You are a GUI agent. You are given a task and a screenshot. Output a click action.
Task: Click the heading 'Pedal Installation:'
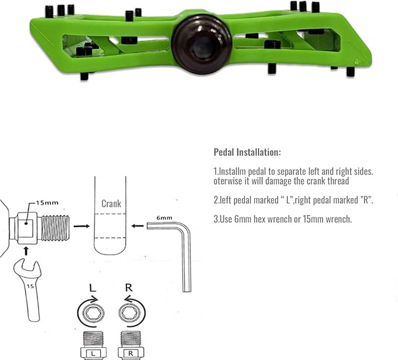pyautogui.click(x=247, y=152)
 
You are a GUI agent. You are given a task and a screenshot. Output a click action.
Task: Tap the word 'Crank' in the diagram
pyautogui.click(x=111, y=203)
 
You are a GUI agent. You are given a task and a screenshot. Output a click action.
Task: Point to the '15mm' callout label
pyautogui.click(x=47, y=203)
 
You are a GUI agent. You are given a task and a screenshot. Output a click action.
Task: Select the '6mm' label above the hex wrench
pyautogui.click(x=164, y=218)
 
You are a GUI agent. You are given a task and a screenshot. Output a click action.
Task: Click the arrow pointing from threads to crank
pyautogui.click(x=81, y=226)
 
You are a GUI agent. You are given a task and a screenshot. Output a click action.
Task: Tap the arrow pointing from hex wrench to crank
pyautogui.click(x=138, y=226)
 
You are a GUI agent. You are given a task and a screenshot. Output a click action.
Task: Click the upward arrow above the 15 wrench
pyautogui.click(x=26, y=251)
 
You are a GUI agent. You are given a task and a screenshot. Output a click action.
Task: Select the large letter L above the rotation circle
pyautogui.click(x=93, y=288)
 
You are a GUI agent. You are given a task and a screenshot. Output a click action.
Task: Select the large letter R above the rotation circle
pyautogui.click(x=129, y=288)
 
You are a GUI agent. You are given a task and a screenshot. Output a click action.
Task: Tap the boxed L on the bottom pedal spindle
pyautogui.click(x=93, y=354)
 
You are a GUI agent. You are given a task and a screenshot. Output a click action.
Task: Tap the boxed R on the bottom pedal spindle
pyautogui.click(x=131, y=354)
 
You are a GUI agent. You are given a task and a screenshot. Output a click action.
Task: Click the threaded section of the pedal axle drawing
pyautogui.click(x=55, y=228)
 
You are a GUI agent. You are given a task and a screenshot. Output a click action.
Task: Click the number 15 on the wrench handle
pyautogui.click(x=30, y=286)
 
